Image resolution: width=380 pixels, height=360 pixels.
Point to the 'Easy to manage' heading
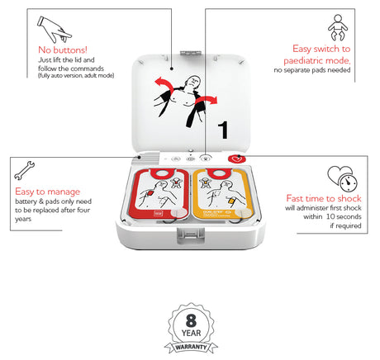[x=47, y=191]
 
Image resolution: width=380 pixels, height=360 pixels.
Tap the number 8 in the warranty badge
[x=191, y=318]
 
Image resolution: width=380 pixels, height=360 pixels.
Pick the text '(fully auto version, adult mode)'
[x=75, y=75]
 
